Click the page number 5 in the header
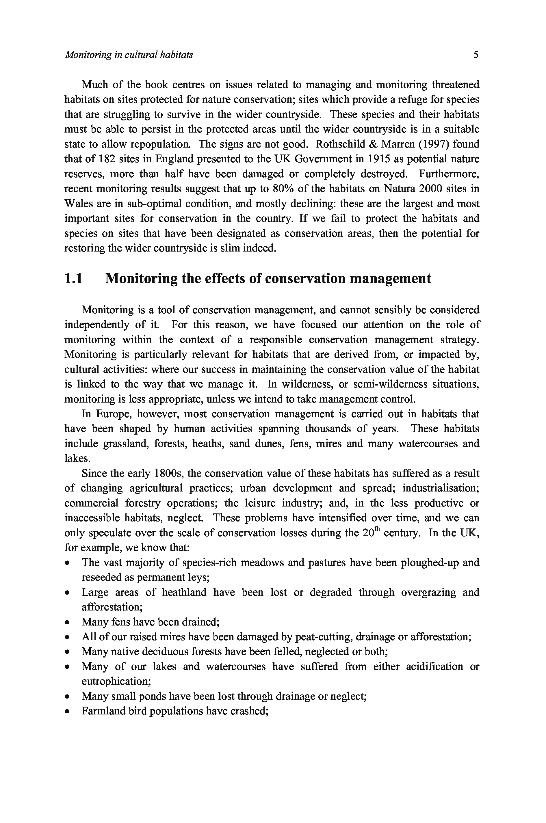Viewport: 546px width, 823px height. click(476, 55)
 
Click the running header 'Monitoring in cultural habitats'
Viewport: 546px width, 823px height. click(129, 55)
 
